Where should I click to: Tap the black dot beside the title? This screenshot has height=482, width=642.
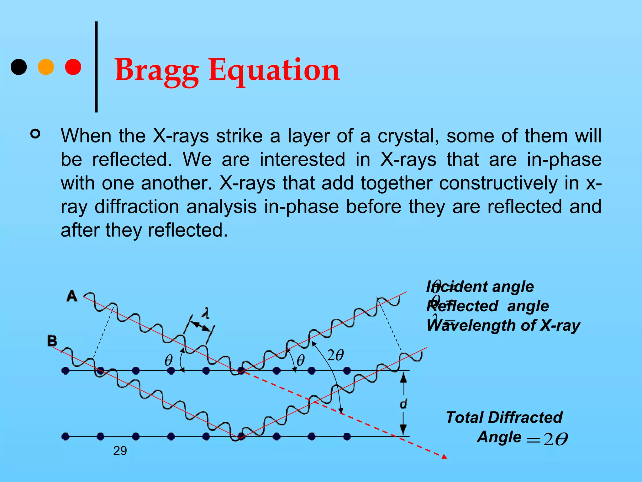(19, 67)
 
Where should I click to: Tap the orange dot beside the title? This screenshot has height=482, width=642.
(46, 67)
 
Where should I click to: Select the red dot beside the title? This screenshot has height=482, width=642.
(73, 67)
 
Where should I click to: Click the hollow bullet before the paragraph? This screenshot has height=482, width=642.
(35, 134)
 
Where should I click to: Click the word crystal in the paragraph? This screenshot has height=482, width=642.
(408, 136)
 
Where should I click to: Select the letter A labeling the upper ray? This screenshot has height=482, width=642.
(72, 296)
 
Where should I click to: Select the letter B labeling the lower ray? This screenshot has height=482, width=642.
(52, 341)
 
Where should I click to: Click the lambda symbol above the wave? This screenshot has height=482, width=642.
(206, 313)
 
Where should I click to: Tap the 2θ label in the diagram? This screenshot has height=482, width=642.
(335, 355)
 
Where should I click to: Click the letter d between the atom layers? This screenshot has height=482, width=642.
(403, 404)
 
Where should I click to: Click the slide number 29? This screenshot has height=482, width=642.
(120, 451)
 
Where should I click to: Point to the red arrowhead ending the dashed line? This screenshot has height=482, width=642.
(445, 457)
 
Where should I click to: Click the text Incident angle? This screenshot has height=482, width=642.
(480, 287)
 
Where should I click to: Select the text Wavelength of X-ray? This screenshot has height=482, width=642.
(503, 325)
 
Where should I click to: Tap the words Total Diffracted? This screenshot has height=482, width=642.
(504, 418)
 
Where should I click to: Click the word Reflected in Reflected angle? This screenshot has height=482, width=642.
(462, 306)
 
